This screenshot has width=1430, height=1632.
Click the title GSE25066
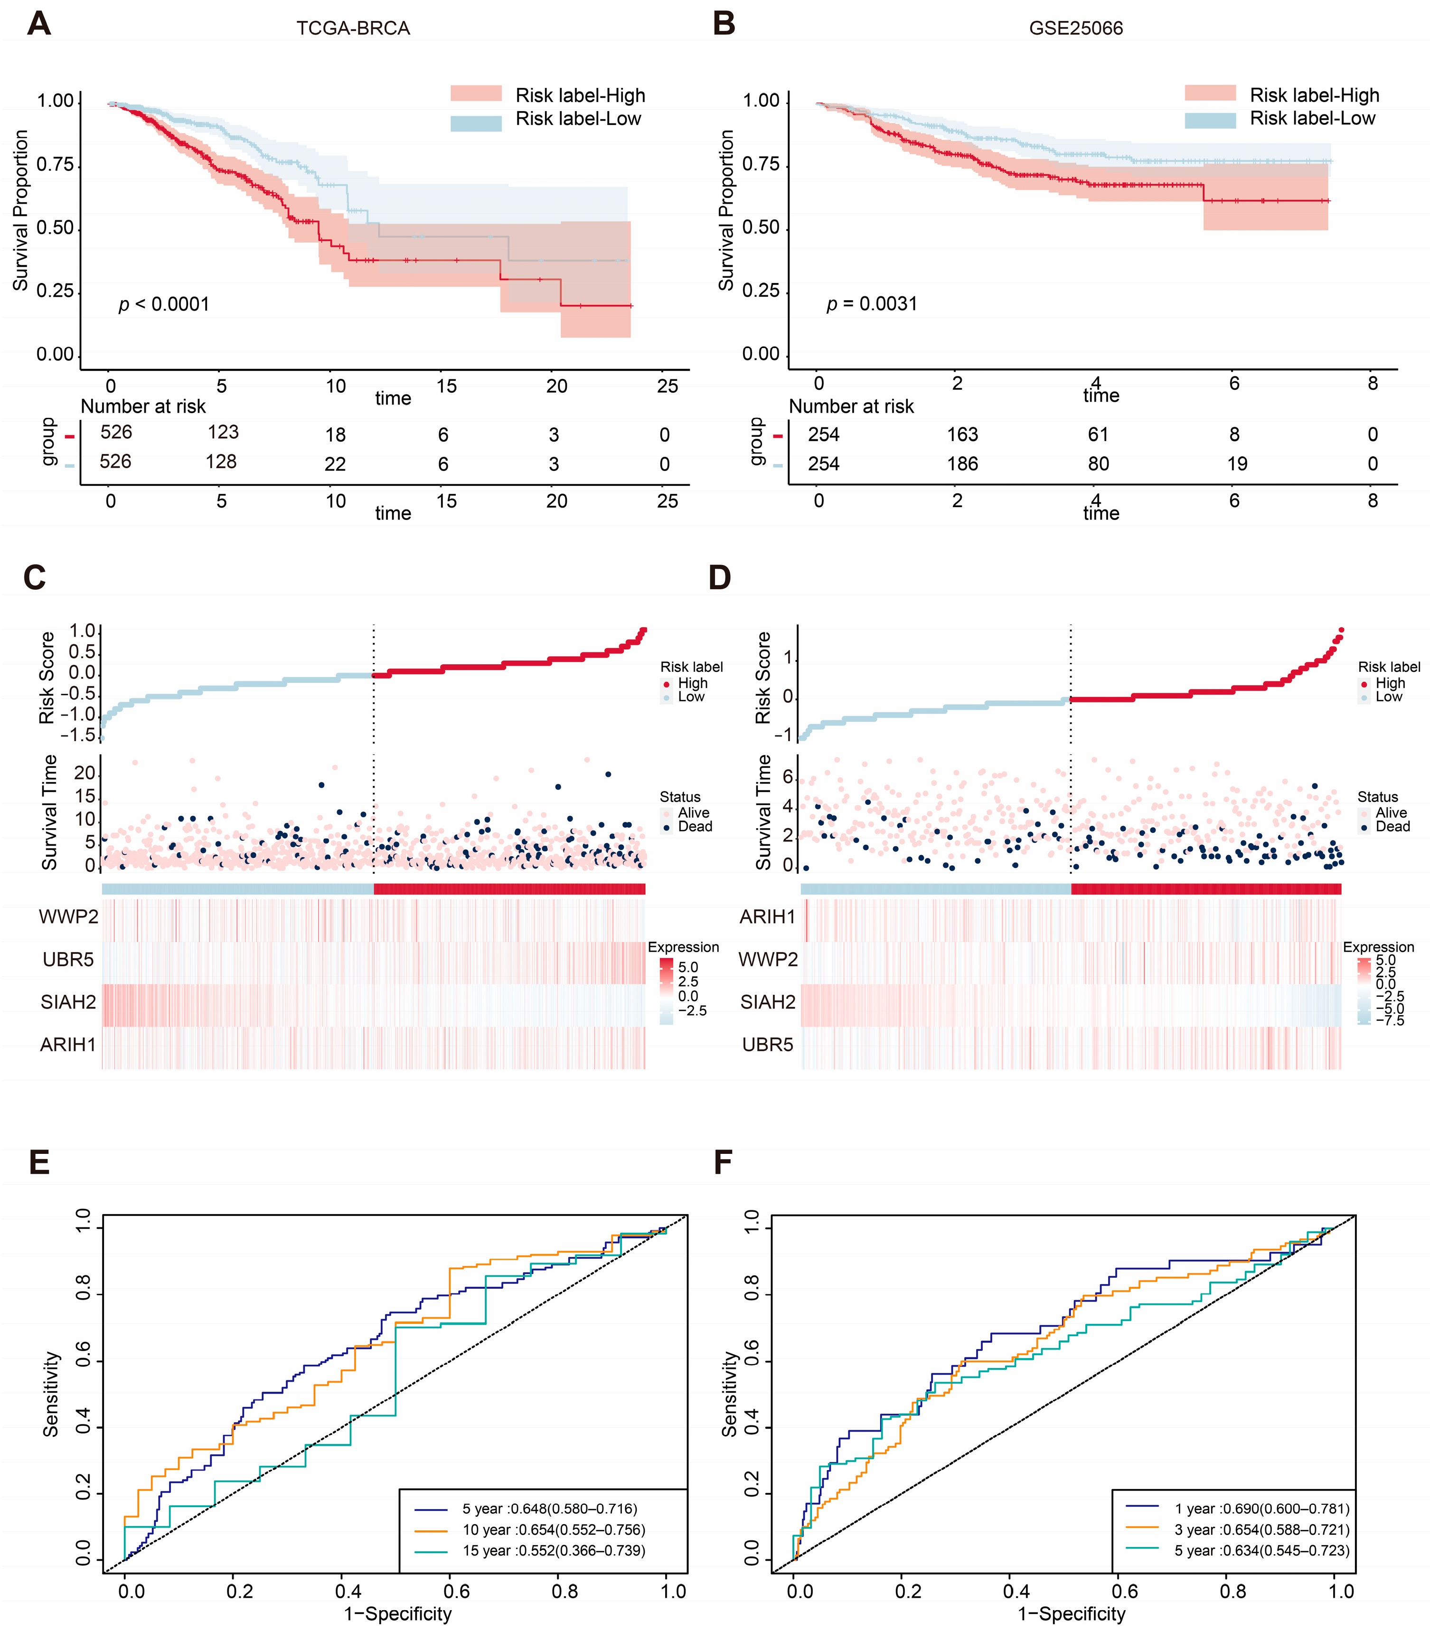[x=1076, y=29]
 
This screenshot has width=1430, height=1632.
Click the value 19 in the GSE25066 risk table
[x=1236, y=463]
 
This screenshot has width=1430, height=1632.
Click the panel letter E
[x=39, y=1163]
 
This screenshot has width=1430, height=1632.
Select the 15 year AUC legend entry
[x=553, y=1551]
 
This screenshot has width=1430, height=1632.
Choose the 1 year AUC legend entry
[x=1261, y=1508]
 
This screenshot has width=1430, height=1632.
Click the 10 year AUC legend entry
[x=553, y=1530]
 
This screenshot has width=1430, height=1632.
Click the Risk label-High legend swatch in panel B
[x=1210, y=94]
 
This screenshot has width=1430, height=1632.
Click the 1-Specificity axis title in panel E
[x=397, y=1613]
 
